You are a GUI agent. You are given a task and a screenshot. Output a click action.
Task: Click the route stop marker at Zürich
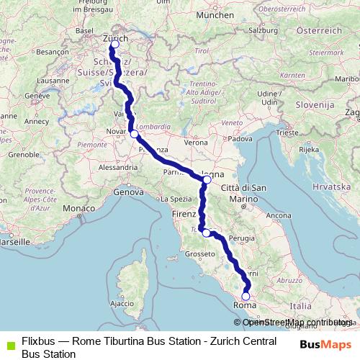pos(114,45)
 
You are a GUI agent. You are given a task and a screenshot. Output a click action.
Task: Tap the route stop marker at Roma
pos(246,296)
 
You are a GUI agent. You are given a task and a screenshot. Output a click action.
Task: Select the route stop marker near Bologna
pos(207,180)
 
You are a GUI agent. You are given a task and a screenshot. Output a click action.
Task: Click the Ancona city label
pos(278,215)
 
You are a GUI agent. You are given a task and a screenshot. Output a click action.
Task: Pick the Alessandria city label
pos(117,166)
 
